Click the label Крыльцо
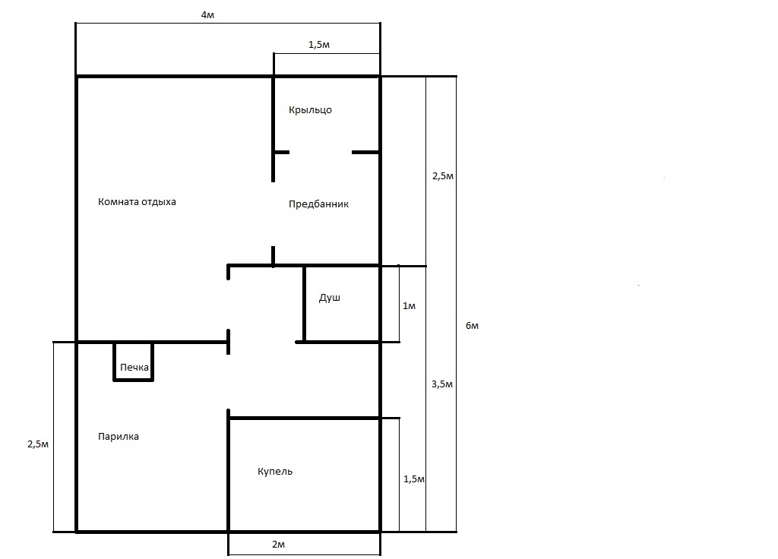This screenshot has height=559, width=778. (x=310, y=109)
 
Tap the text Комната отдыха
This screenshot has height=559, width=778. (x=137, y=202)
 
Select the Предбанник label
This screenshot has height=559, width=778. (x=318, y=204)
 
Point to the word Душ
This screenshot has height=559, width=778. (x=330, y=298)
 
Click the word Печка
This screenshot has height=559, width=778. (x=134, y=368)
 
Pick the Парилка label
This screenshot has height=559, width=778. (x=118, y=437)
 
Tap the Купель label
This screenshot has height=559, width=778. (x=275, y=471)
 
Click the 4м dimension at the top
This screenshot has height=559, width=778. (x=207, y=15)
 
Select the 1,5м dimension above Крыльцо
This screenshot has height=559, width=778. (x=319, y=45)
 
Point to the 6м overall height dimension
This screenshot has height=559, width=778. (x=472, y=325)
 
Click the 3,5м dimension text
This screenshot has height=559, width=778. (x=442, y=384)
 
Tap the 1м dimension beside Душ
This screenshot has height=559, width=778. (x=409, y=305)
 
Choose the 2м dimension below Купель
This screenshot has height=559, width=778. (x=278, y=544)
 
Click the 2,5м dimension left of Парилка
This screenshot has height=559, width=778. (x=38, y=444)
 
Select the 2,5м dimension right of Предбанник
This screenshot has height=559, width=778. (x=443, y=176)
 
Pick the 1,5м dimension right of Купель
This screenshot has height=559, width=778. (x=414, y=479)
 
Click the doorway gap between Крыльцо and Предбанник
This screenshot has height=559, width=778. (x=321, y=152)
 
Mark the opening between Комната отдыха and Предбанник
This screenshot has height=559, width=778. (x=273, y=213)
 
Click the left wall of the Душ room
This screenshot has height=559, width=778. (x=304, y=304)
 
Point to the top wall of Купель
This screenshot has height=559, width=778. (x=304, y=418)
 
